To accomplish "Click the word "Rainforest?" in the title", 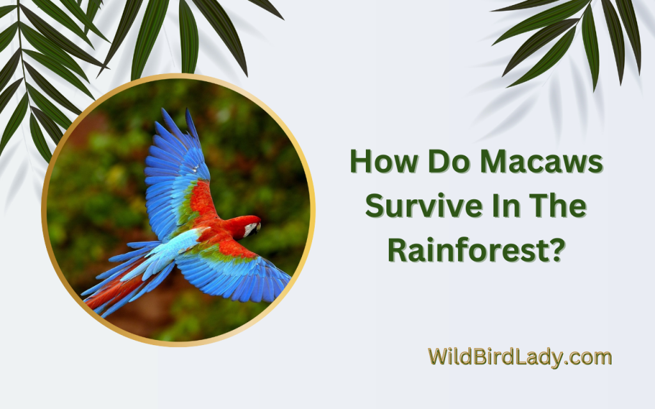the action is point(477,250).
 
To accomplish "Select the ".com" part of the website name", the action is point(589,358).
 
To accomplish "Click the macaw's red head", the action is point(246,226).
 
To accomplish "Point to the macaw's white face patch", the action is point(251,229).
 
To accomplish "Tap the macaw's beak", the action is point(258,228).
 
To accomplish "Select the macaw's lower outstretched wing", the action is point(234,267).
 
